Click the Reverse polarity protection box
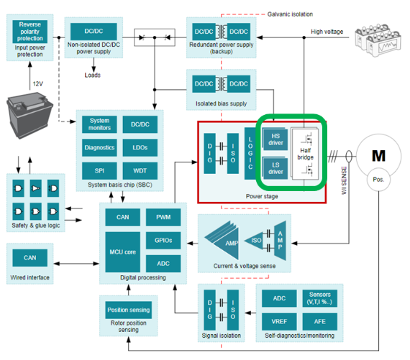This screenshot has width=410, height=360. click(x=29, y=32)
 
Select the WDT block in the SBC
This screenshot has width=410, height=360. click(x=140, y=171)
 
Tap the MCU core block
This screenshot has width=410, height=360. click(x=122, y=251)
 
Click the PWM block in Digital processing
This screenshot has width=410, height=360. click(x=163, y=217)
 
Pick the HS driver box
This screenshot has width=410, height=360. click(x=275, y=139)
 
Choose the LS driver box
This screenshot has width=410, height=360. click(x=275, y=168)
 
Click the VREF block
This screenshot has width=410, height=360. click(x=279, y=322)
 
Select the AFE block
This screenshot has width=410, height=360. click(x=320, y=322)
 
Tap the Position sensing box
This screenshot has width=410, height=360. click(x=128, y=310)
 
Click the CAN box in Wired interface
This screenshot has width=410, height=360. click(x=29, y=258)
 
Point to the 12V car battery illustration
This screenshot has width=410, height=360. click(x=29, y=116)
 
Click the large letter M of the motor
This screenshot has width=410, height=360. click(x=378, y=156)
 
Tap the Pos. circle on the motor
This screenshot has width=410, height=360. click(x=378, y=180)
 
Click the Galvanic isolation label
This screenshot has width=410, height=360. click(x=290, y=14)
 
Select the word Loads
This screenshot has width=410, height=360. click(x=92, y=75)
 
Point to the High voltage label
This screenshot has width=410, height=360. click(x=327, y=32)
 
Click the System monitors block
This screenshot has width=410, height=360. click(x=99, y=124)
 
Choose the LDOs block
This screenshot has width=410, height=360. click(x=140, y=147)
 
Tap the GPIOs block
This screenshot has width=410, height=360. click(x=163, y=240)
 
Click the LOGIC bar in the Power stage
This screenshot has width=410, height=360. click(x=250, y=153)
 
